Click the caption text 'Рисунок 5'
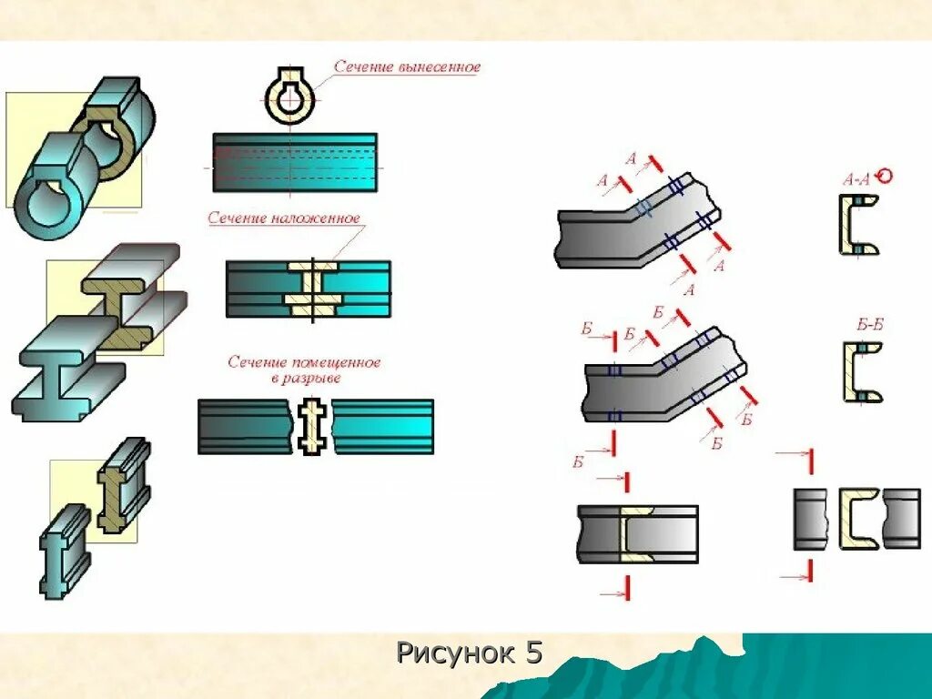(x=469, y=653)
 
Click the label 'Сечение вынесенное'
(x=406, y=67)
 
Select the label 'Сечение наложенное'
(x=284, y=218)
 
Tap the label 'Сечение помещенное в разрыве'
(x=304, y=370)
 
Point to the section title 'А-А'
(x=856, y=180)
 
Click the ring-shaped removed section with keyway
(x=289, y=96)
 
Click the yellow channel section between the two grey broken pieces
(x=856, y=518)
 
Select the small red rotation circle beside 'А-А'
(x=883, y=177)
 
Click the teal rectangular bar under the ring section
(x=295, y=162)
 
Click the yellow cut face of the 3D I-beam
(x=116, y=314)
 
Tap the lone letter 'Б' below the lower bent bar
(x=577, y=462)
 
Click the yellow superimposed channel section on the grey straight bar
(x=634, y=533)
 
